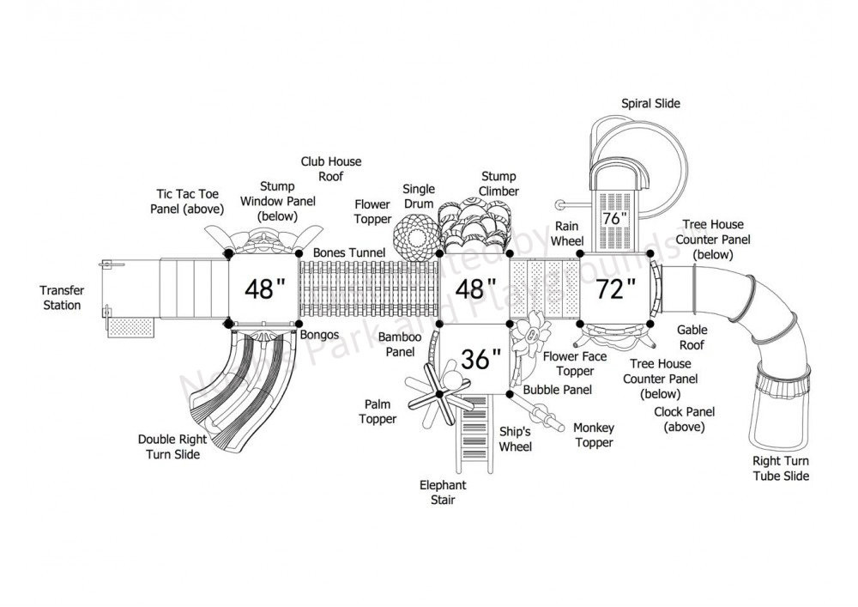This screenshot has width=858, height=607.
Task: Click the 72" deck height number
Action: tap(616, 288)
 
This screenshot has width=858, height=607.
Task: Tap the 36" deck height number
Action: tap(480, 359)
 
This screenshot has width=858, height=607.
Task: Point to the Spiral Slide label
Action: tap(650, 104)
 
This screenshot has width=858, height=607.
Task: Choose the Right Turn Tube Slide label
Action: tap(780, 469)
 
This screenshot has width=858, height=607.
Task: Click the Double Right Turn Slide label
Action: tap(169, 446)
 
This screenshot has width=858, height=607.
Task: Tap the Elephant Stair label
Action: tap(444, 492)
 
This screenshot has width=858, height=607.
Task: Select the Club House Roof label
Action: tap(331, 168)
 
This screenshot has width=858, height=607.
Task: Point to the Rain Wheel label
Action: tap(567, 234)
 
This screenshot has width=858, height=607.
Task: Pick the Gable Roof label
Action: tap(692, 337)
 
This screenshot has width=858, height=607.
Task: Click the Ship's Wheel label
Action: tap(515, 440)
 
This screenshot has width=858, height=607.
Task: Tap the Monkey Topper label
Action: tap(594, 435)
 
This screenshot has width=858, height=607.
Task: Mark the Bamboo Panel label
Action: tap(400, 344)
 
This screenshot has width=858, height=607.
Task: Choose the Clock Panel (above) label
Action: tap(684, 419)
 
